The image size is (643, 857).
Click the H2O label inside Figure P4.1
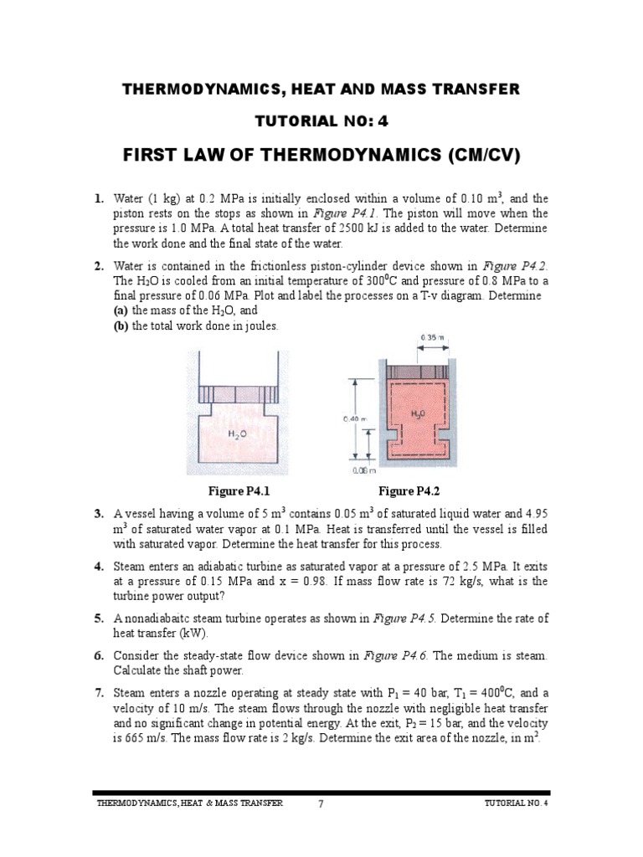coord(238,435)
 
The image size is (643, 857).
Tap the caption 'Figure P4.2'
coord(409,490)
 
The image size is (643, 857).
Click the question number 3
coord(99,513)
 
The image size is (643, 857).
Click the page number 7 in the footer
coord(320,804)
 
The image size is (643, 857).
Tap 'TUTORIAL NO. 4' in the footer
coord(516,803)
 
